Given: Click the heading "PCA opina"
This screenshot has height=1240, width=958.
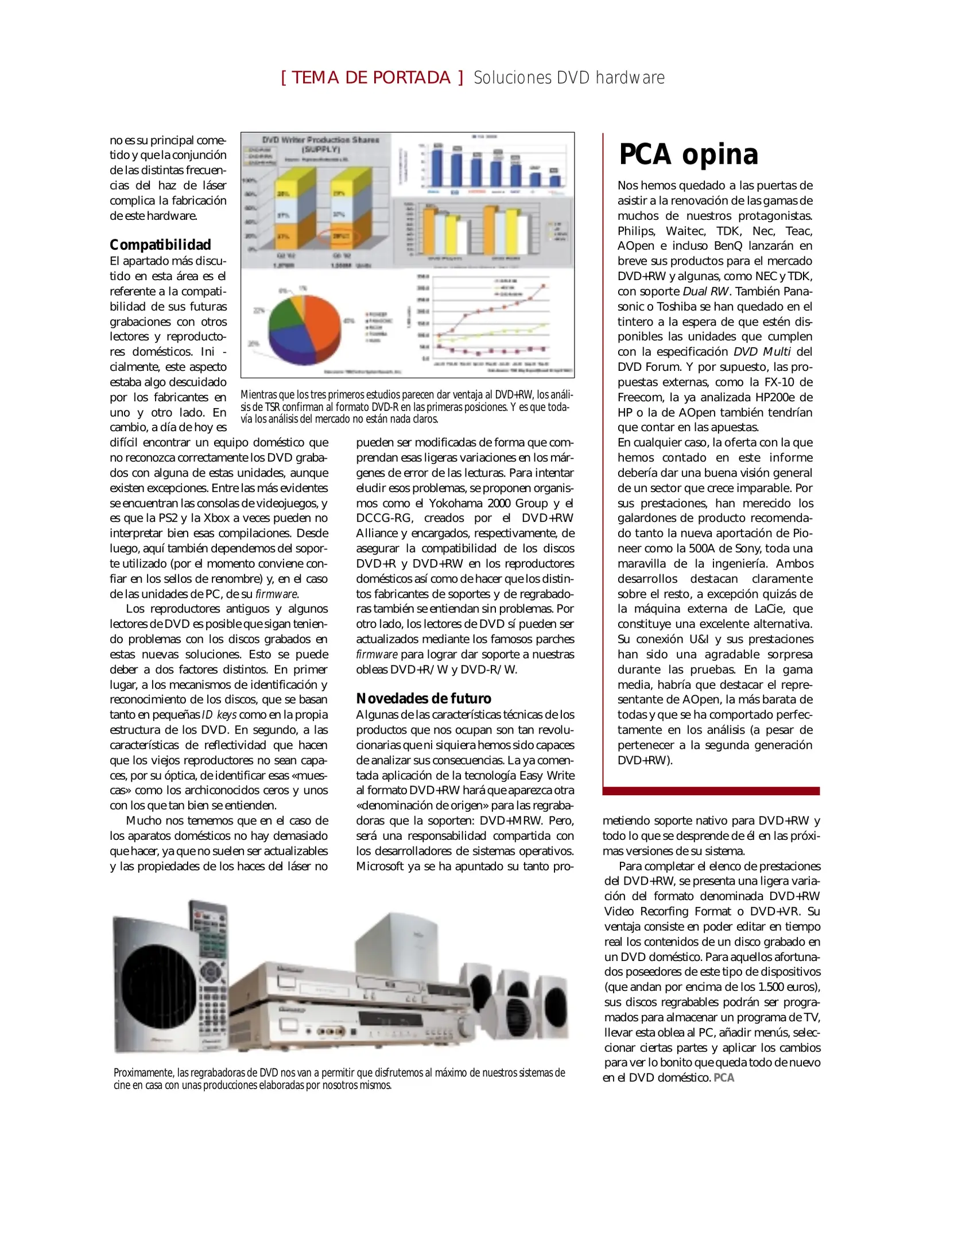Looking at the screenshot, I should tap(688, 154).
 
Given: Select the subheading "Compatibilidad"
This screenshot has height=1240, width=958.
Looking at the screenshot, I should tap(160, 245).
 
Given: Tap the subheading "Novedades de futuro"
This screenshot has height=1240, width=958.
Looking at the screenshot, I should tap(424, 698).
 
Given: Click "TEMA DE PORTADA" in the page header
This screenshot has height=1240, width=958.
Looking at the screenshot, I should tap(371, 77).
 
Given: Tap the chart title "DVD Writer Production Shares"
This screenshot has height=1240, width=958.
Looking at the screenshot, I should tap(320, 139).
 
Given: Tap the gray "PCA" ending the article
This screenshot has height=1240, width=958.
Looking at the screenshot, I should tap(724, 1078).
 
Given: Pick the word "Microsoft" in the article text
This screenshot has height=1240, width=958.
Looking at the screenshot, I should tap(379, 866).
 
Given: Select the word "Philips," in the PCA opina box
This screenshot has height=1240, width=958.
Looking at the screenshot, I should tap(636, 231).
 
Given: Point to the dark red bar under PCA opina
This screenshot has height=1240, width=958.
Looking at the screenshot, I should tap(711, 791).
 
